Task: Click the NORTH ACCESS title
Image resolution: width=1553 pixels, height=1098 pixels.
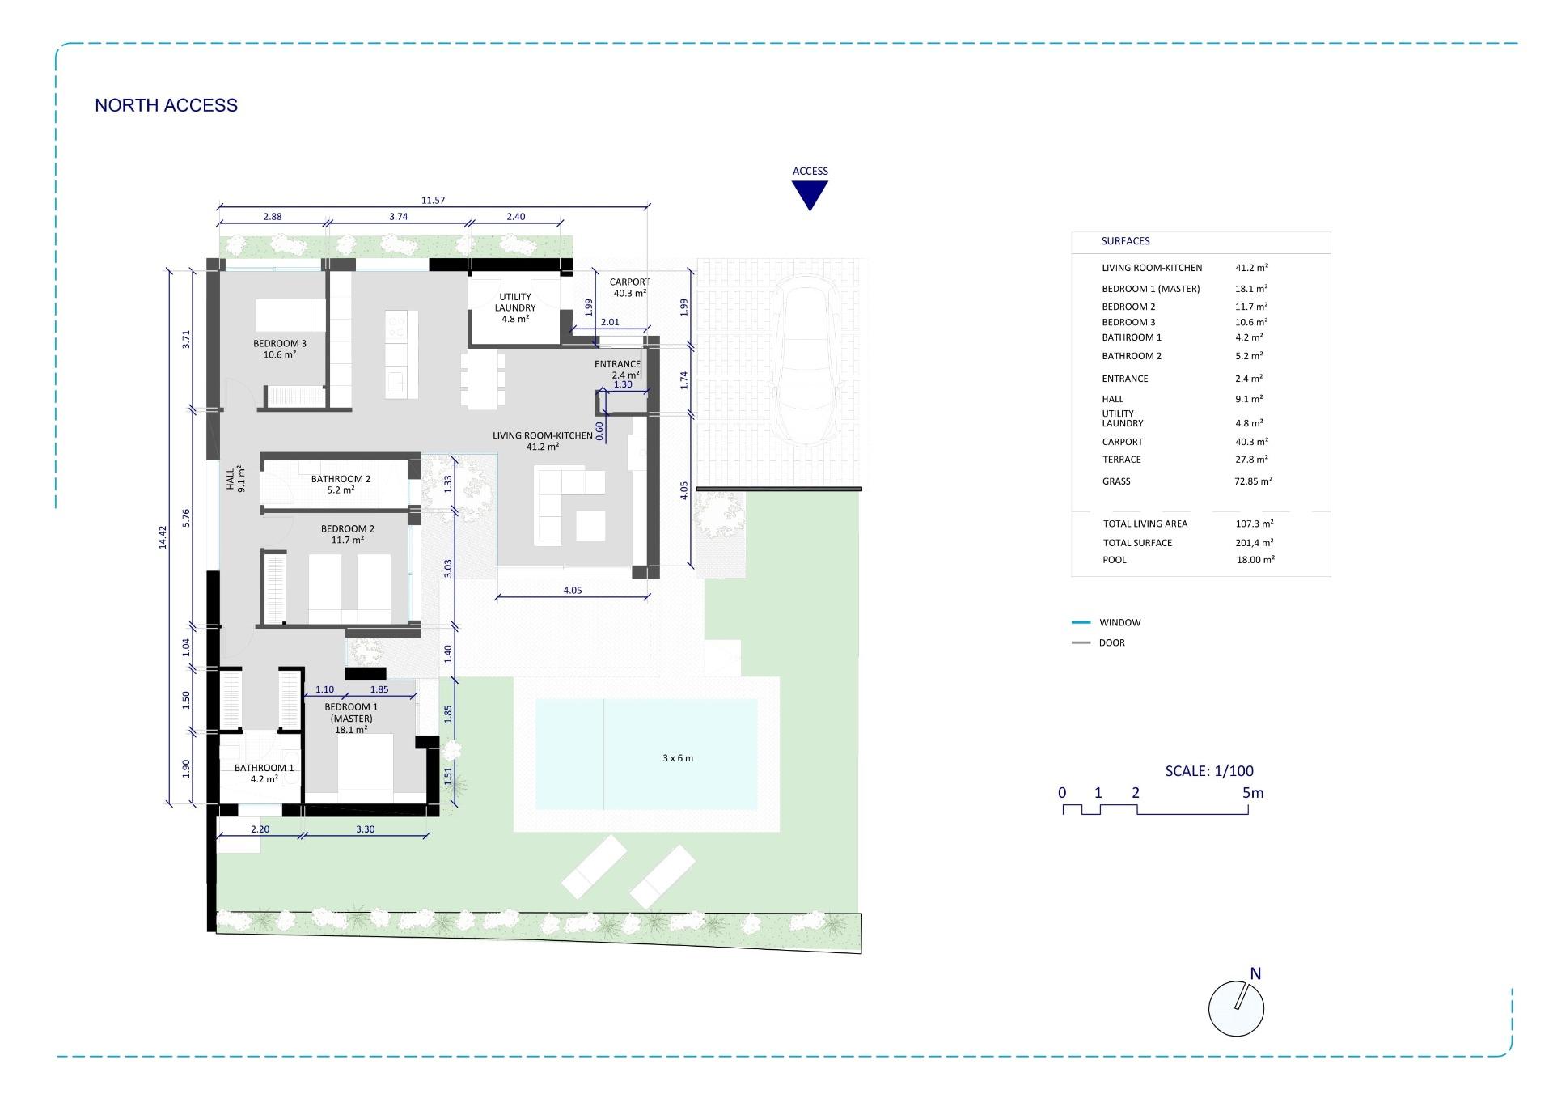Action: point(166,105)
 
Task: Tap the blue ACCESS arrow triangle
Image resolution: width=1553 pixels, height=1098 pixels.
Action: point(810,194)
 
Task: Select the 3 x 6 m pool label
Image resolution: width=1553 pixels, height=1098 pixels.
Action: point(678,758)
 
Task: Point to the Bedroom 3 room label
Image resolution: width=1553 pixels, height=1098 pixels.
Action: point(280,349)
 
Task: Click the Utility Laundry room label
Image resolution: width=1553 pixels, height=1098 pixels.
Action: point(515,307)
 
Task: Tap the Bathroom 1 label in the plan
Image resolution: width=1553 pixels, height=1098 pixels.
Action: point(264,773)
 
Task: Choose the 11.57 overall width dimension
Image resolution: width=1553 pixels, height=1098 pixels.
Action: point(433,200)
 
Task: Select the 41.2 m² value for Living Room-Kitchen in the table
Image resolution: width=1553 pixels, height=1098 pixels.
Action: point(1251,268)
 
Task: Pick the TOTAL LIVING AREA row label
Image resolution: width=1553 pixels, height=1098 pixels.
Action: point(1145,524)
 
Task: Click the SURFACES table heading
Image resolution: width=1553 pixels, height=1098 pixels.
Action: point(1125,241)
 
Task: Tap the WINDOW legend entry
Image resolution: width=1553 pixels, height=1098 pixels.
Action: point(1119,622)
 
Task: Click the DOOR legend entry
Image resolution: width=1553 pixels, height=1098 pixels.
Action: point(1111,642)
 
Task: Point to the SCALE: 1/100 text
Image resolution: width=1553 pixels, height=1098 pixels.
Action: point(1209,771)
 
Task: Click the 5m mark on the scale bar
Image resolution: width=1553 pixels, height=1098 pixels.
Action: point(1252,793)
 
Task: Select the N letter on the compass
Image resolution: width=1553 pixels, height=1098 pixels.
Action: point(1255,973)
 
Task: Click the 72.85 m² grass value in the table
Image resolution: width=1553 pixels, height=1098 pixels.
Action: point(1254,481)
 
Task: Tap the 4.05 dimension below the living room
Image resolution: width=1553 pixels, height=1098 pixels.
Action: point(572,590)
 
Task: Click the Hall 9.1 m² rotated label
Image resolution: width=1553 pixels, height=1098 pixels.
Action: point(235,480)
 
